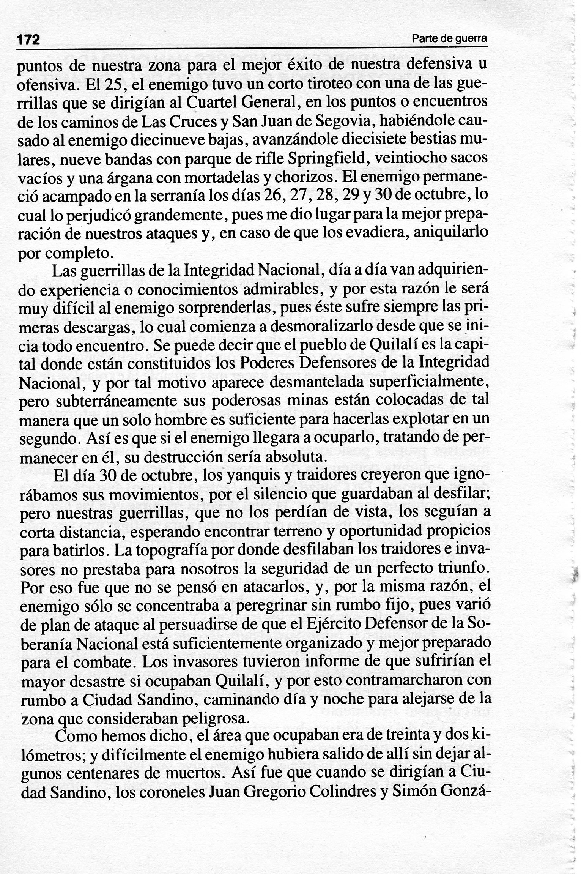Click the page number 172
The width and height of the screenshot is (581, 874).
[29, 39]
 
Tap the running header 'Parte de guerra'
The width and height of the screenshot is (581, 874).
[449, 38]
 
